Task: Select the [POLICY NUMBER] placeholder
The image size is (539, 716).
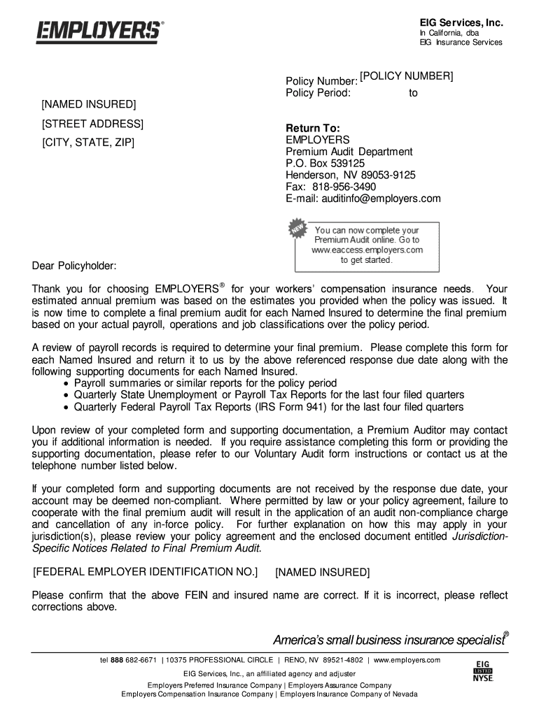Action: click(406, 76)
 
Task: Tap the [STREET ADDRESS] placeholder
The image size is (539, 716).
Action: click(92, 124)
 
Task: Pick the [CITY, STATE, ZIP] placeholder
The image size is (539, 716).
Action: click(87, 144)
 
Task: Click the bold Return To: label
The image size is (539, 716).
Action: click(312, 129)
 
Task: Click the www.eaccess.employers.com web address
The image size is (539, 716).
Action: click(367, 249)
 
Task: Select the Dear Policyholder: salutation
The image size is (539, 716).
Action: click(75, 266)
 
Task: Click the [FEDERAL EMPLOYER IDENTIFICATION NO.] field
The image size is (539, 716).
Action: click(146, 572)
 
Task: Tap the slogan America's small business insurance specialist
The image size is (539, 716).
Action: click(388, 640)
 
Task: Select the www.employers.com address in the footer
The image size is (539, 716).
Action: click(407, 660)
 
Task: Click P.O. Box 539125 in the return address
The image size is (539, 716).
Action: click(325, 164)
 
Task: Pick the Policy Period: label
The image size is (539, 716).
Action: click(318, 92)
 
